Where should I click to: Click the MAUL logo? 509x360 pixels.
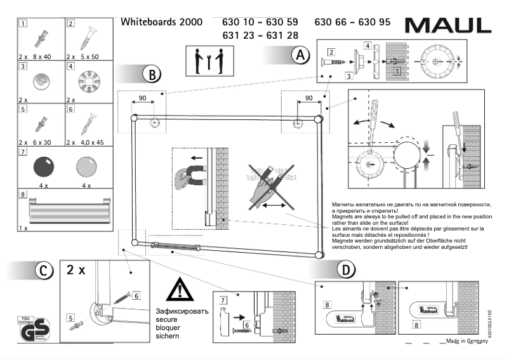point(447,25)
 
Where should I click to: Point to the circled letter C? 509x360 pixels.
point(43,270)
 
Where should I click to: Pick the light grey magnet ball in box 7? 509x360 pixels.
point(87,168)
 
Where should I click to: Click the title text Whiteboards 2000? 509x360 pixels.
point(161,22)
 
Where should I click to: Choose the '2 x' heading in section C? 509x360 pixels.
point(76,270)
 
